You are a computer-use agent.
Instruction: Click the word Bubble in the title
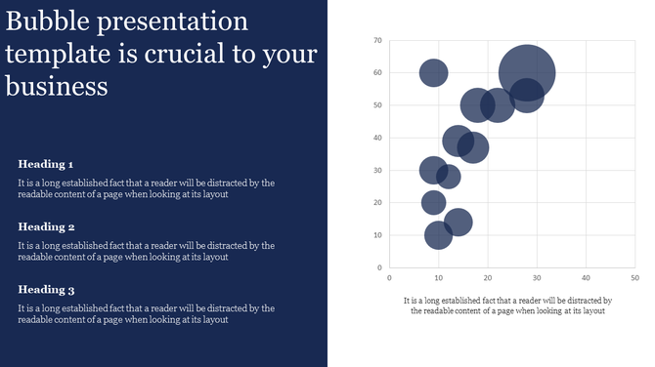pos(48,21)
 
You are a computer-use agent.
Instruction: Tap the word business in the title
pos(56,86)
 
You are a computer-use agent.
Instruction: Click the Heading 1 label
pos(46,164)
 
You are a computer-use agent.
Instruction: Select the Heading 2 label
pos(46,226)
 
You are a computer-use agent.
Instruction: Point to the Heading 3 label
pos(46,290)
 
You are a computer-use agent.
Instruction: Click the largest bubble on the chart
pos(528,71)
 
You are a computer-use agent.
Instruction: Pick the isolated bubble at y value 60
pos(434,72)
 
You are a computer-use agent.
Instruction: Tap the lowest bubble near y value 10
pos(439,235)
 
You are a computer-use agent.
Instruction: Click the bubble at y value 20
pos(434,203)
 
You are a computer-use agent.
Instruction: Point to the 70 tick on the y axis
pos(377,40)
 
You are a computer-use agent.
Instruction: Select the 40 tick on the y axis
pos(377,138)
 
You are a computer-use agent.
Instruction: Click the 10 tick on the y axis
pos(377,235)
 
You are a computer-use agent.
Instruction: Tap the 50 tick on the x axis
pos(634,278)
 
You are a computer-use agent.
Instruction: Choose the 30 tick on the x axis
pos(537,278)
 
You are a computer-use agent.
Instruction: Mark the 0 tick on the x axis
pos(390,278)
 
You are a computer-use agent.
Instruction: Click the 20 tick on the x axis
pos(488,278)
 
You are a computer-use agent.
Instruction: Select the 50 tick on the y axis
pos(377,105)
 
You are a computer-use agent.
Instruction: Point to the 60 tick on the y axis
pos(377,72)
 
